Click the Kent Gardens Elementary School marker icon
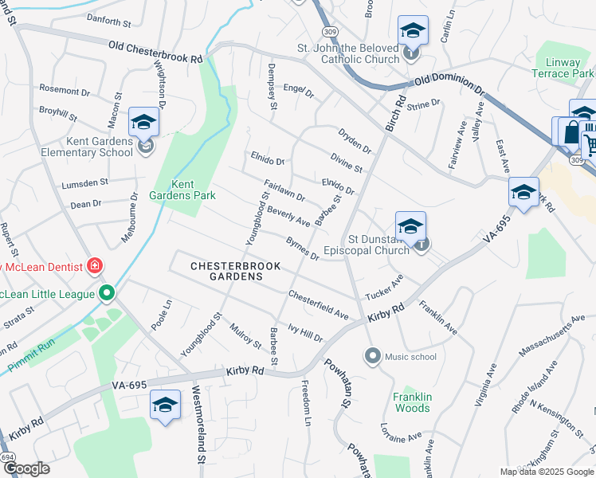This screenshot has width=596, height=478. [x=144, y=123]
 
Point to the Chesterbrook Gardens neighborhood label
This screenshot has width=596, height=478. [x=225, y=271]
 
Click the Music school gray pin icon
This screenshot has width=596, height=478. [x=372, y=356]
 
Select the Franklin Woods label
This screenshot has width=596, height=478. [x=412, y=402]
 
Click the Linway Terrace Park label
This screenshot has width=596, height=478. [x=564, y=69]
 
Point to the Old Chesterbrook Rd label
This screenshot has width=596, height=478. [x=155, y=53]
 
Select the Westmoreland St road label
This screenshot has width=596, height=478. [x=199, y=426]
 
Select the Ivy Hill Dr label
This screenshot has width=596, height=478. [x=305, y=332]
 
